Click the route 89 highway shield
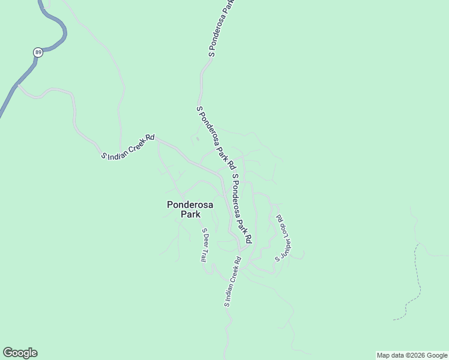coord(38,52)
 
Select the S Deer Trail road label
coord(204,245)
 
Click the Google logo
coord(20,353)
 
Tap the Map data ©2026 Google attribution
coord(412,355)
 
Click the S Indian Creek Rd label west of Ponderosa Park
coord(128,148)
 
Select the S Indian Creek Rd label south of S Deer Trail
coord(232,282)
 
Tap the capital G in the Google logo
coord(8,353)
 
